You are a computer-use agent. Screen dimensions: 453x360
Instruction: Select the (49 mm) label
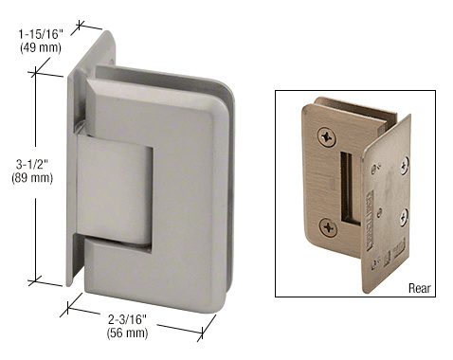pyautogui.click(x=41, y=47)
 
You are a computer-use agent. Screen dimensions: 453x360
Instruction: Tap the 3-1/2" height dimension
pyautogui.click(x=32, y=164)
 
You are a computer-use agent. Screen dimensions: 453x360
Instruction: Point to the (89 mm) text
pyautogui.click(x=32, y=178)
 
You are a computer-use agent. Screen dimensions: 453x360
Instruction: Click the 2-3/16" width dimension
pyautogui.click(x=127, y=319)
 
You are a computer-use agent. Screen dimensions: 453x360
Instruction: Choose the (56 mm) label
pyautogui.click(x=127, y=333)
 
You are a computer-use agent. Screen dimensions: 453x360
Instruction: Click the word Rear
pyautogui.click(x=420, y=288)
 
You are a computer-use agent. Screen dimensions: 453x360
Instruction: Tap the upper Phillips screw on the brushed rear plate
pyautogui.click(x=327, y=136)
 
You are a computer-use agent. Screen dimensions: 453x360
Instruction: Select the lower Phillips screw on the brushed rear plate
pyautogui.click(x=328, y=227)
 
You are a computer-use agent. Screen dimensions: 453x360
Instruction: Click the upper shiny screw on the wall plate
pyautogui.click(x=405, y=166)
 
